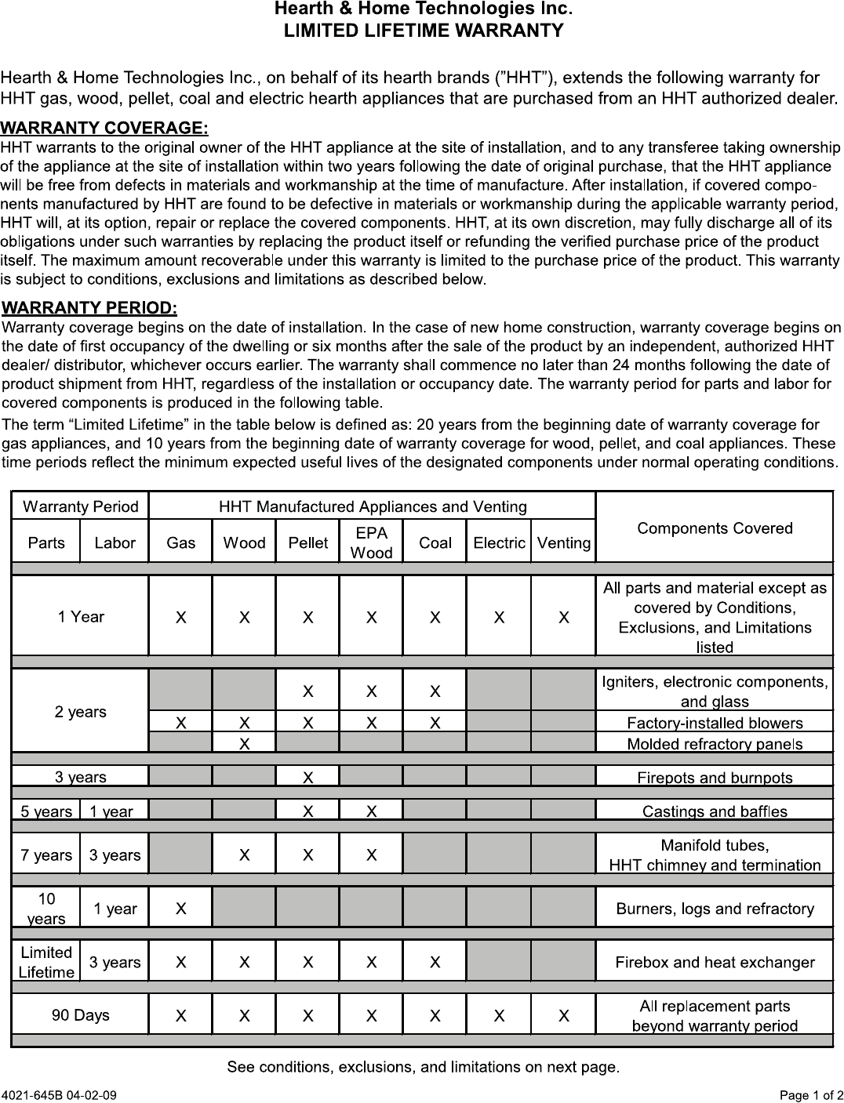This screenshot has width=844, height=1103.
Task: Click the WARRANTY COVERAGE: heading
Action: [104, 127]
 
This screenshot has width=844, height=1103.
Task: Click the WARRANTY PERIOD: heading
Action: [90, 307]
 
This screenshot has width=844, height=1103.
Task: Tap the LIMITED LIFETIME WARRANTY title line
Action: [423, 31]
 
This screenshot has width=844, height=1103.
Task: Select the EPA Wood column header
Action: [371, 542]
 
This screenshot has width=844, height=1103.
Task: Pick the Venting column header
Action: [563, 542]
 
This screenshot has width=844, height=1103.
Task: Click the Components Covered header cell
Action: [715, 528]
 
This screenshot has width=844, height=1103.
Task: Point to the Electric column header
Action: [499, 542]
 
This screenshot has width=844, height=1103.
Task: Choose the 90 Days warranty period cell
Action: [80, 1015]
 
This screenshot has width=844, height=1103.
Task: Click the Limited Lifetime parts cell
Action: [46, 962]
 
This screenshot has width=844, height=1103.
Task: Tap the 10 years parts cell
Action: [46, 909]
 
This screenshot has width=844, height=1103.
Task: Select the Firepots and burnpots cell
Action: [715, 778]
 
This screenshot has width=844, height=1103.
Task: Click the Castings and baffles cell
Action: [715, 811]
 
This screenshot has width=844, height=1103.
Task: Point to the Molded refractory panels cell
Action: [715, 743]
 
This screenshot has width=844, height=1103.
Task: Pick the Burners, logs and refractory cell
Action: [715, 909]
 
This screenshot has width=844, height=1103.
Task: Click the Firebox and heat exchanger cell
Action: [715, 962]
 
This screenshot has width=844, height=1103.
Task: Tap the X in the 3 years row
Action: [308, 778]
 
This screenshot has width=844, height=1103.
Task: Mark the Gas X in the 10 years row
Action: [181, 909]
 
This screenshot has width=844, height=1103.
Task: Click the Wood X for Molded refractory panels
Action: [245, 743]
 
